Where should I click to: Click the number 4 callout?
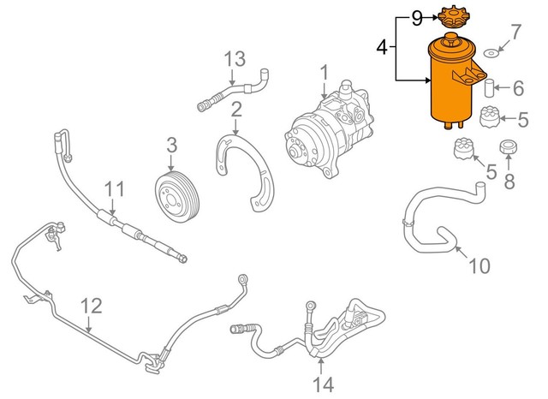coord(384,49)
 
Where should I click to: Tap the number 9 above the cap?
coord(417,16)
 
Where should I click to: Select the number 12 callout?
coord(91,304)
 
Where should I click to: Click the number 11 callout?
coord(114,188)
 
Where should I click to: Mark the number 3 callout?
coord(171,144)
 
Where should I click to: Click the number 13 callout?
coord(235,60)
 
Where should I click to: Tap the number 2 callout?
coord(235,109)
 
